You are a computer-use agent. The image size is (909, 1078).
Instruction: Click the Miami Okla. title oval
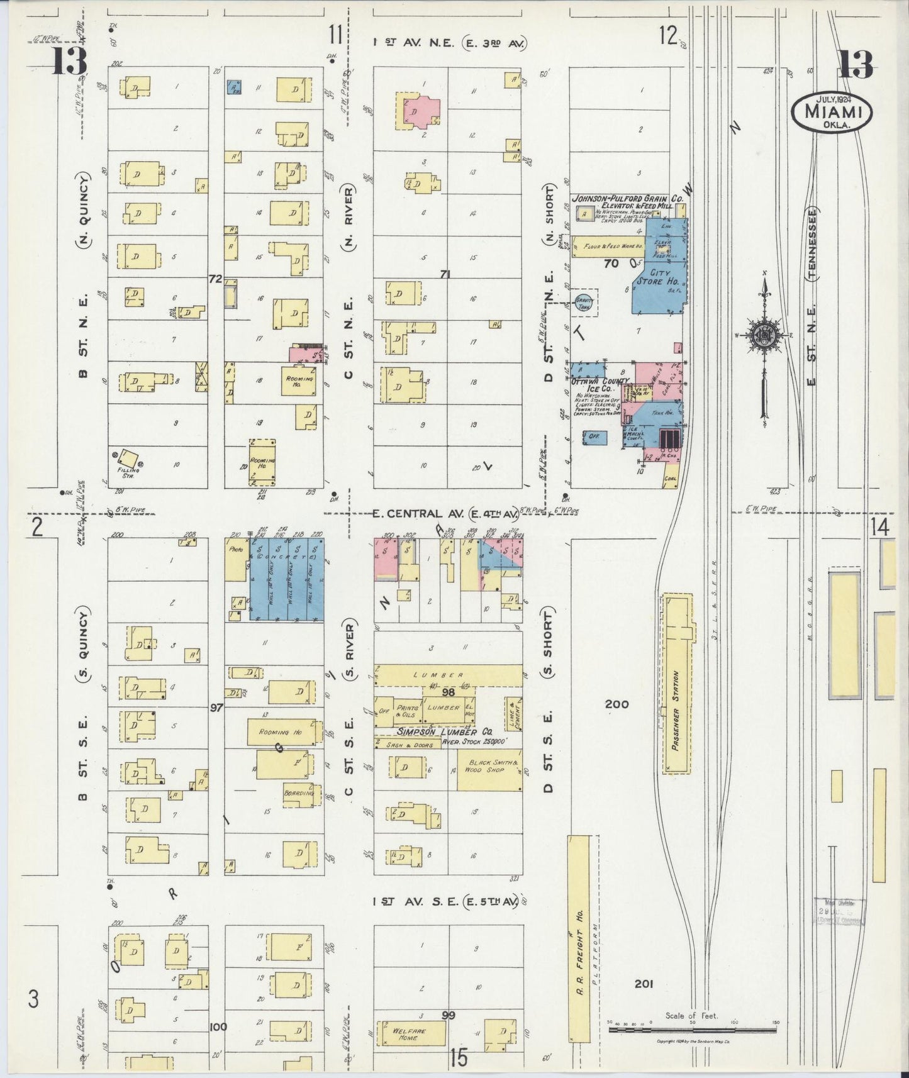click(832, 112)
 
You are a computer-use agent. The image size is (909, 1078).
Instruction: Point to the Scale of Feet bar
click(693, 1031)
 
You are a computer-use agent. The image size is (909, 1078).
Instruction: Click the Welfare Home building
click(410, 1033)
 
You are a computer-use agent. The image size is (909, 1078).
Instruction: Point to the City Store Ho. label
click(654, 277)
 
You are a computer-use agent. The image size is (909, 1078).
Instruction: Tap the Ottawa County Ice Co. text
click(600, 386)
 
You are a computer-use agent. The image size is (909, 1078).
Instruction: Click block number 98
click(448, 692)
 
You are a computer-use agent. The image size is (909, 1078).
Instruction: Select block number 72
click(215, 279)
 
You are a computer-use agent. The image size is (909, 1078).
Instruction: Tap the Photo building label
click(236, 548)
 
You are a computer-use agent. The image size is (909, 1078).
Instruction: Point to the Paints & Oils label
click(407, 711)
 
